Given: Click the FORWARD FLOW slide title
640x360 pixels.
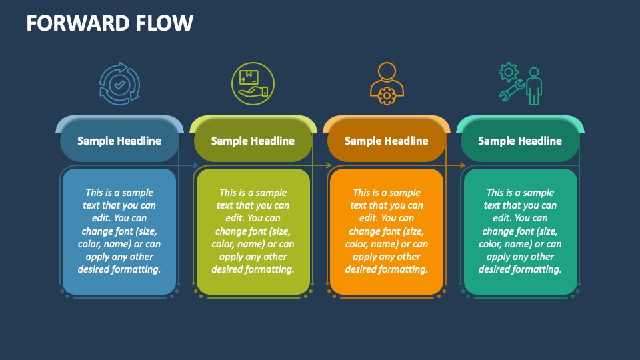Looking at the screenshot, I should coord(110,23).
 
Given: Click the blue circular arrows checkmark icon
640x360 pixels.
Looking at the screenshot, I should coord(119,84).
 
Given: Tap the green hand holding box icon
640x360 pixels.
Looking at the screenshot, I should coord(253,84).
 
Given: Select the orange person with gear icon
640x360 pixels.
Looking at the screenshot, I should coord(386,83).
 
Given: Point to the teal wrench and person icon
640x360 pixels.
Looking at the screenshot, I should coord(521,84).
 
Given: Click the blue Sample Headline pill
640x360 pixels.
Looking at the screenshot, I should coord(119,141).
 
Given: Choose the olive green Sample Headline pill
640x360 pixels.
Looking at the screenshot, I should coord(253,141).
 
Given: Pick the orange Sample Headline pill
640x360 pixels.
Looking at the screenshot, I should coord(386,141).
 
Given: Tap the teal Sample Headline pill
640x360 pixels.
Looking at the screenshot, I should coord(520,141).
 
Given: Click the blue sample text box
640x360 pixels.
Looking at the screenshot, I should coord(119,231).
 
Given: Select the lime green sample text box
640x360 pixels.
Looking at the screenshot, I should coord(253,231).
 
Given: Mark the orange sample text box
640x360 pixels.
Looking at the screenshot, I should coord(386,231).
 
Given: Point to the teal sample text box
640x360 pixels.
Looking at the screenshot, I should coord(520,231).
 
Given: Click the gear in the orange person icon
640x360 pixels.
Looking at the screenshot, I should coord(386,96).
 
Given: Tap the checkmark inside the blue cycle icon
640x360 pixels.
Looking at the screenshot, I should coord(119,84).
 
